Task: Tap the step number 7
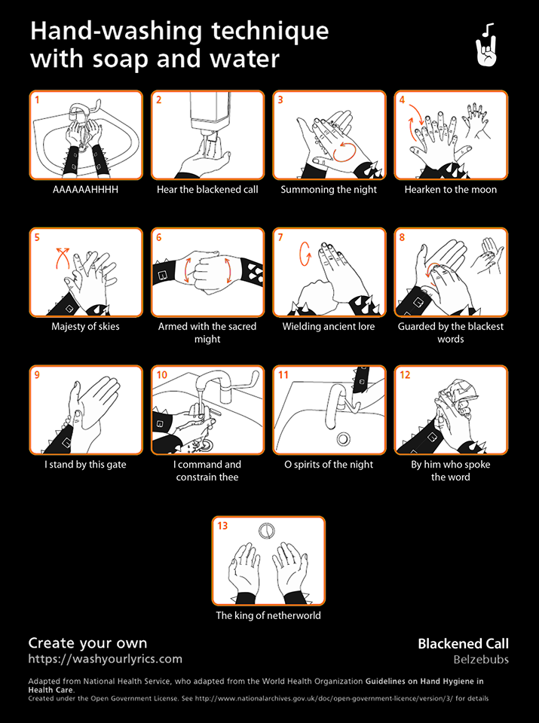coord(280,237)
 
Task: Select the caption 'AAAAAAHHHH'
coord(85,190)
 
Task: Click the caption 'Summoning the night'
coord(329,190)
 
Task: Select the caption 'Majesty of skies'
coord(85,326)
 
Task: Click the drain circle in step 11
coord(342,438)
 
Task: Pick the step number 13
coord(222,526)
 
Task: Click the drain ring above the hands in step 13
coord(267,531)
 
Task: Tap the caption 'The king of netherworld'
coord(268,615)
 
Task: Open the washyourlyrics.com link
coord(106,659)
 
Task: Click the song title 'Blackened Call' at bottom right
coord(464,644)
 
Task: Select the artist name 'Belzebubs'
coord(481,660)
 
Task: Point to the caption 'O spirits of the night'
coord(329,465)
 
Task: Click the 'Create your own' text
coord(87,643)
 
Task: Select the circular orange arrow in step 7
coord(305,253)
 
